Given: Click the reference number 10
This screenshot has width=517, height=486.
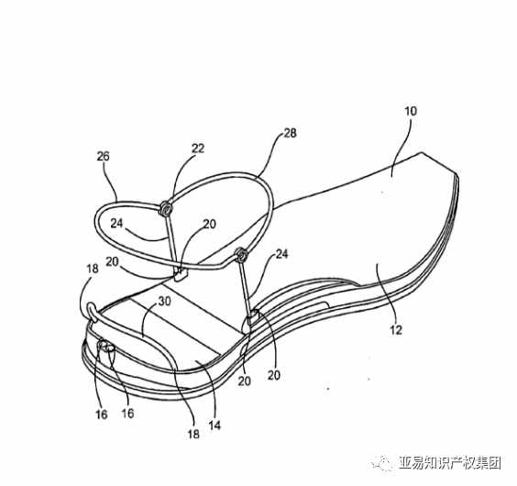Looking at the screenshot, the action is [x=411, y=111].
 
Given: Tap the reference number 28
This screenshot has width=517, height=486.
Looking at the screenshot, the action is [x=290, y=133].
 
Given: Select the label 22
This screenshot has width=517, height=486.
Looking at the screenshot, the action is [x=198, y=149].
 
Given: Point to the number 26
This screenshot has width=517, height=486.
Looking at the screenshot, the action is [x=103, y=156].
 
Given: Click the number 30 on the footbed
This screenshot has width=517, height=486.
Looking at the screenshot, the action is [x=164, y=302].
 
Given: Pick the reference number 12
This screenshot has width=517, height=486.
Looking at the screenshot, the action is [x=396, y=329].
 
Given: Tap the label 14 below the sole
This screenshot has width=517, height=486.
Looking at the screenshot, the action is [x=214, y=425].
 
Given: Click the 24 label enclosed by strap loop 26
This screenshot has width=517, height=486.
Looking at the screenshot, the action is [x=116, y=224].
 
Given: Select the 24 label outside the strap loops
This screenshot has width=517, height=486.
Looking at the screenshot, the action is [x=281, y=254].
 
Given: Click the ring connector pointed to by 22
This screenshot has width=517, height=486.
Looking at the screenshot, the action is [x=166, y=209].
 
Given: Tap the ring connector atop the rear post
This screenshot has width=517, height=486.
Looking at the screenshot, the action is [x=241, y=254].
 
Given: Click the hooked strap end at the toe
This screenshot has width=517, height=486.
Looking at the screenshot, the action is [x=92, y=312].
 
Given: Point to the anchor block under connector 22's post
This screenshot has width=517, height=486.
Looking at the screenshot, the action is [x=180, y=274].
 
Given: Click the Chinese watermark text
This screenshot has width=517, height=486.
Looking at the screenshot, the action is [x=450, y=463].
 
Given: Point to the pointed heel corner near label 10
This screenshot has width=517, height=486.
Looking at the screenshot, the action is [x=421, y=153].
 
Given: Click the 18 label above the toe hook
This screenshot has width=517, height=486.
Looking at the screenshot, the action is [x=93, y=269].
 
